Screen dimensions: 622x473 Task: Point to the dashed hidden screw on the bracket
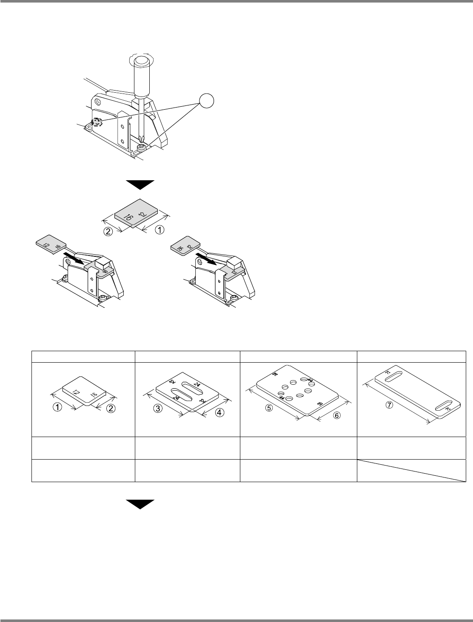point(97,122)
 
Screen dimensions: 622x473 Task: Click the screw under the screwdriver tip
point(142,146)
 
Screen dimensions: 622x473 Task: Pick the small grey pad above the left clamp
point(49,245)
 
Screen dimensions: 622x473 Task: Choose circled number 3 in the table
point(158,409)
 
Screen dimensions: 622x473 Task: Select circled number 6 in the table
point(336,415)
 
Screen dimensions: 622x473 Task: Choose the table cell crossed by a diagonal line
point(411,470)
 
